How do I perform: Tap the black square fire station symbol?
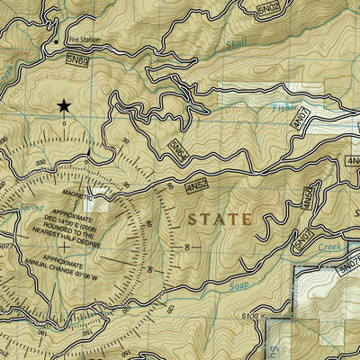click(x=57, y=41)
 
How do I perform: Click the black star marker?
click(x=64, y=107)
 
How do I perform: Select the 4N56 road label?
click(x=309, y=199)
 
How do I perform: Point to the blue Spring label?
click(x=31, y=208)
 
